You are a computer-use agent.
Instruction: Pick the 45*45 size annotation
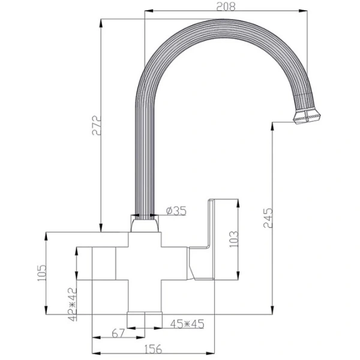188,324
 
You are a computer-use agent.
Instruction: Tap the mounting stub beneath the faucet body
145,320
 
